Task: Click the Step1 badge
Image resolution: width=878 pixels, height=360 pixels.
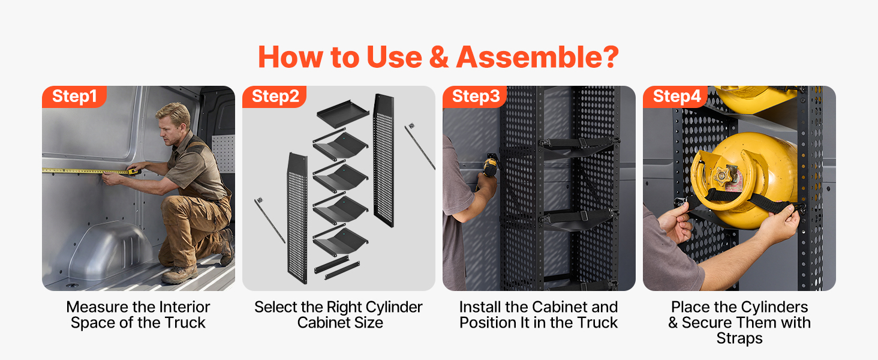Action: coord(74,97)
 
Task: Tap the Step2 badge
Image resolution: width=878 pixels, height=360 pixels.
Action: coord(275,97)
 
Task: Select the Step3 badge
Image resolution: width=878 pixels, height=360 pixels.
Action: coord(474,97)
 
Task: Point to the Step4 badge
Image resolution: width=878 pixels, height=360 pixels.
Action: coord(675,97)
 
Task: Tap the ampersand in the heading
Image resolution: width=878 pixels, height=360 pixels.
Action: coord(439,57)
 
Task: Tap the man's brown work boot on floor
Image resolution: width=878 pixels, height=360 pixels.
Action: coord(180,275)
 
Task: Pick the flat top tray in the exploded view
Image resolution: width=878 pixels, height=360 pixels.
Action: coord(342,114)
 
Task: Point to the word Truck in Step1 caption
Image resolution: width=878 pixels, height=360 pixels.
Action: coord(185,323)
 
